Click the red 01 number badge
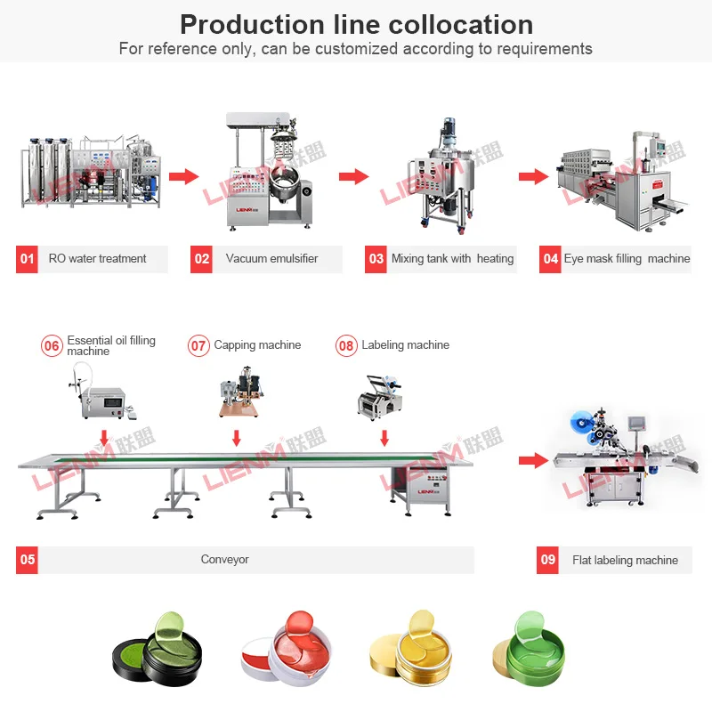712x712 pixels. pyautogui.click(x=27, y=259)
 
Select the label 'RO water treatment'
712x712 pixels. pyautogui.click(x=98, y=259)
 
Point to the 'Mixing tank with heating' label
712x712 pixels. pyautogui.click(x=452, y=259)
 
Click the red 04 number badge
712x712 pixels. pyautogui.click(x=550, y=259)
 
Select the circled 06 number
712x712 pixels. pyautogui.click(x=52, y=345)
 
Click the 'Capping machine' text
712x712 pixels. pyautogui.click(x=257, y=345)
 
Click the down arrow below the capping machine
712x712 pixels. pyautogui.click(x=236, y=438)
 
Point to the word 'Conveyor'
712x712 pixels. pyautogui.click(x=224, y=560)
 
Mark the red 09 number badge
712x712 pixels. pyautogui.click(x=548, y=560)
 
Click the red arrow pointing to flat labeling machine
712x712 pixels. pyautogui.click(x=532, y=460)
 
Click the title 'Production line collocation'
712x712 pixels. pyautogui.click(x=356, y=24)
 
